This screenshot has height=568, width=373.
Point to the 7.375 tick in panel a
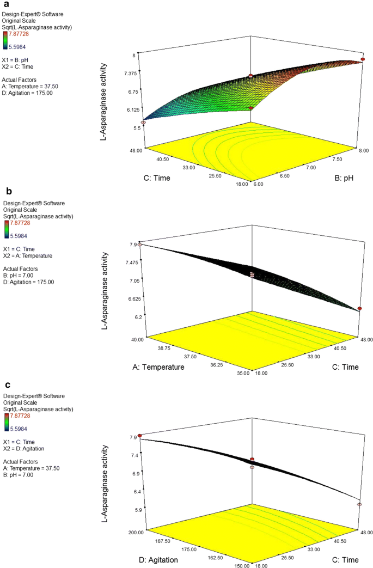[131, 72]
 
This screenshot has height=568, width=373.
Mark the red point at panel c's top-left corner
[139, 436]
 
